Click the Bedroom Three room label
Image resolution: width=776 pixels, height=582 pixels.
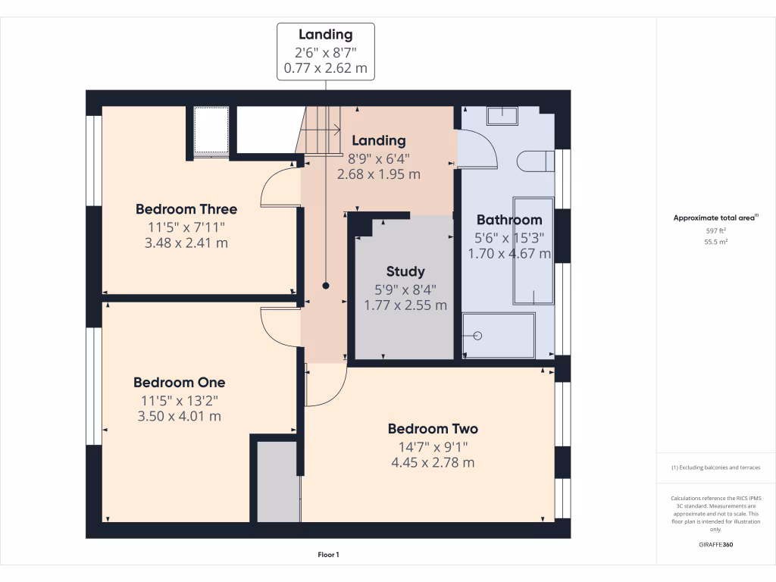coord(186,209)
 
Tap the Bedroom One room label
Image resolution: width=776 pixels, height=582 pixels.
coord(179,383)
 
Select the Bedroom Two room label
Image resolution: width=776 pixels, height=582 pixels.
coord(433,429)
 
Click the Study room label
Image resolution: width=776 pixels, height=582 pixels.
coord(405,271)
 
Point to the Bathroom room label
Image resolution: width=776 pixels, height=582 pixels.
coord(509,220)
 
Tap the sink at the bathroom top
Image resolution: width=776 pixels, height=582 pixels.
coord(502,115)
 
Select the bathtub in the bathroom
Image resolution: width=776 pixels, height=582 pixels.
coord(533,250)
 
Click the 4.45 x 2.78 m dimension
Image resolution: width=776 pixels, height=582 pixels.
coord(433,462)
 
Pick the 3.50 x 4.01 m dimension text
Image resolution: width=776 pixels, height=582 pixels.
coord(179,416)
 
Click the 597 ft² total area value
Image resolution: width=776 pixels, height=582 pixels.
coord(716,231)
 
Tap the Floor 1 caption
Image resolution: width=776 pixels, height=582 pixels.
coord(328,555)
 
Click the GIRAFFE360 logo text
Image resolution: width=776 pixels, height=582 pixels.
coord(716,545)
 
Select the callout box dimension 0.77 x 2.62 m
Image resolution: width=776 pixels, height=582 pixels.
coord(325,68)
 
